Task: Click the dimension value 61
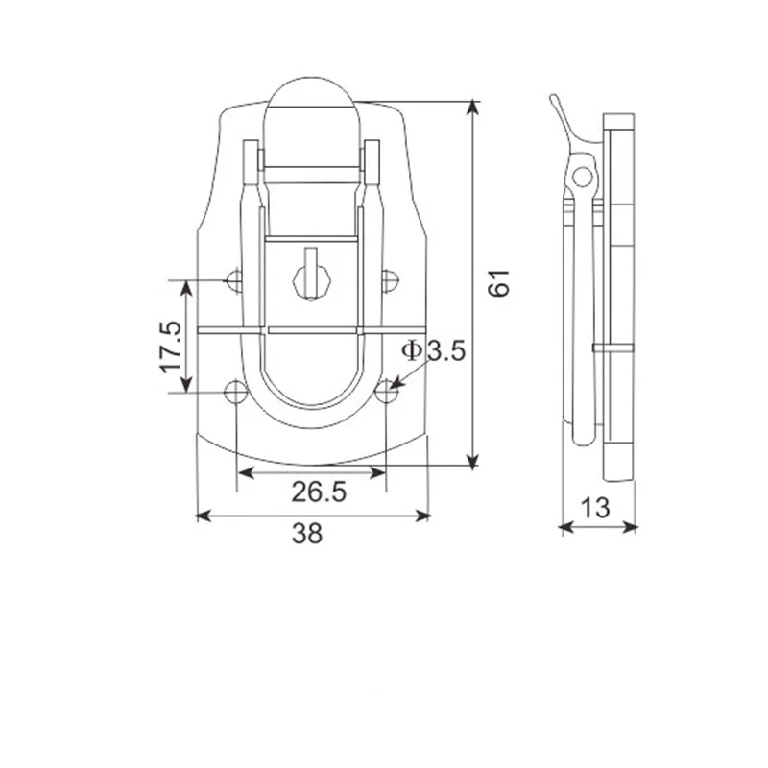point(499,284)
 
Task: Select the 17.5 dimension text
point(171,347)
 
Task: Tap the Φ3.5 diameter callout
point(433,351)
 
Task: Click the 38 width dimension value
point(307,535)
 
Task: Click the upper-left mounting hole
point(234,280)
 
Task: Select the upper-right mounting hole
point(389,280)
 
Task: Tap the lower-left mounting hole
point(234,392)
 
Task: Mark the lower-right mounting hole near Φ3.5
point(386,392)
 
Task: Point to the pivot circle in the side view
point(582,177)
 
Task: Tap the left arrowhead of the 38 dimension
point(202,516)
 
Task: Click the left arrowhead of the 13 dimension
point(564,526)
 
